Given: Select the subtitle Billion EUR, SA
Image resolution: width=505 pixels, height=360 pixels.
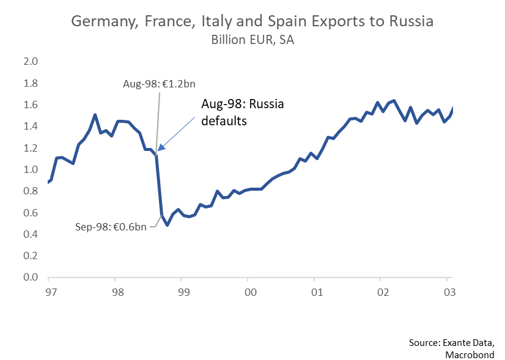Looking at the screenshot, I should [252, 40].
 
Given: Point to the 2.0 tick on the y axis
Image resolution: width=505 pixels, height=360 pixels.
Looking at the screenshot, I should [31, 62].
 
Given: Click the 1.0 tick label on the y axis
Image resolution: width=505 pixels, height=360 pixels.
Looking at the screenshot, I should [31, 170].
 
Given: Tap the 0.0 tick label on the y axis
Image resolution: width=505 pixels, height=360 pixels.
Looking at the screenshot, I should [31, 277].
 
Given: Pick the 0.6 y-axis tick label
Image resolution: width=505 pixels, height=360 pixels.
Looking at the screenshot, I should [31, 213].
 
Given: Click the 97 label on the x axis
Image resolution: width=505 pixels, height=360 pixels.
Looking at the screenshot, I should [51, 292].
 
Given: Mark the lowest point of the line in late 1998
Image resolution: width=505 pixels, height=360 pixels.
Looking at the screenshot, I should [167, 225].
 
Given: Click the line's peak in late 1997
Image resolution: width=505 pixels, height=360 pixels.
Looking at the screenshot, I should [95, 115].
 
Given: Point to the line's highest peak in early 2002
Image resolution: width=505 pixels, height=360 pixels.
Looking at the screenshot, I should [394, 101].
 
